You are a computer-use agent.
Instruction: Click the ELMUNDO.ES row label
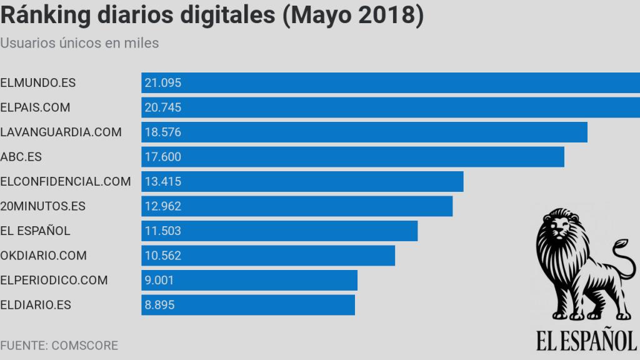click(x=38, y=82)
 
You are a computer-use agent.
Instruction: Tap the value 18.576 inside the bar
click(x=162, y=132)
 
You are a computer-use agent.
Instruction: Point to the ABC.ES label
click(x=21, y=157)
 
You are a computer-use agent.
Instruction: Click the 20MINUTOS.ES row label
click(x=43, y=206)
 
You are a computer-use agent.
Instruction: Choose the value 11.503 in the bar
click(x=162, y=231)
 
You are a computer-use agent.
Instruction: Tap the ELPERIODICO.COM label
click(x=54, y=280)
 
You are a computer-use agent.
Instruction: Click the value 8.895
click(x=159, y=305)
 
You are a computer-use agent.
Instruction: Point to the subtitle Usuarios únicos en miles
click(x=79, y=43)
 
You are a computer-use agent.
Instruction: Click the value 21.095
click(x=162, y=82)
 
